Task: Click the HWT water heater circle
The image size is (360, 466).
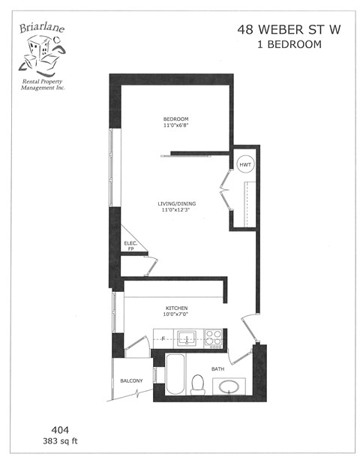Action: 245,164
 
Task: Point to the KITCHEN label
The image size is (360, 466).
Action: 177,308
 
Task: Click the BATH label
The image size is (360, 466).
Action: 217,369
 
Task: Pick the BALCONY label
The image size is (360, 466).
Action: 131,381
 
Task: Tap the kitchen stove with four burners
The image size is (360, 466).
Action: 213,339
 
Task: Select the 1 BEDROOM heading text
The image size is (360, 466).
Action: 289,44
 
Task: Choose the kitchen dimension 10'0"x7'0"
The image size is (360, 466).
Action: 177,316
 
